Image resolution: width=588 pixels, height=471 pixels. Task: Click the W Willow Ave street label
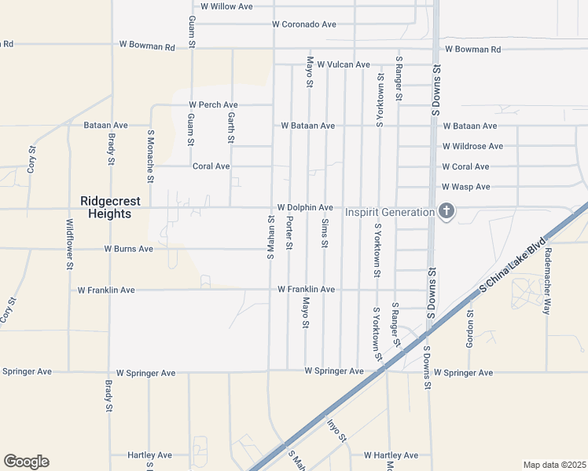[226, 6]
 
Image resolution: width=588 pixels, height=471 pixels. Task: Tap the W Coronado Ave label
[304, 24]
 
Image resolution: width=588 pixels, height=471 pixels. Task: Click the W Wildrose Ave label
[472, 146]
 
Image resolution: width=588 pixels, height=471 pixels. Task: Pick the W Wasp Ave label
[466, 187]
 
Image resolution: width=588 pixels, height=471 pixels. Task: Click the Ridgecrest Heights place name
[111, 206]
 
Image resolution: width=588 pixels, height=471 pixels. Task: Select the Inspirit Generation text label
[389, 212]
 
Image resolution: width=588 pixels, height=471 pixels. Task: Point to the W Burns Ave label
[129, 249]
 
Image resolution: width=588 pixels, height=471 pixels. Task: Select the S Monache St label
[148, 156]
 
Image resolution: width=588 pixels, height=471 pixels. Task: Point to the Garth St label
[231, 127]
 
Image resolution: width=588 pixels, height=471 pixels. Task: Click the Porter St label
[289, 235]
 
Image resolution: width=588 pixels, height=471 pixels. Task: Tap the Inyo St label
[336, 429]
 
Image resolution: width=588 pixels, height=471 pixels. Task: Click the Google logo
[26, 462]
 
